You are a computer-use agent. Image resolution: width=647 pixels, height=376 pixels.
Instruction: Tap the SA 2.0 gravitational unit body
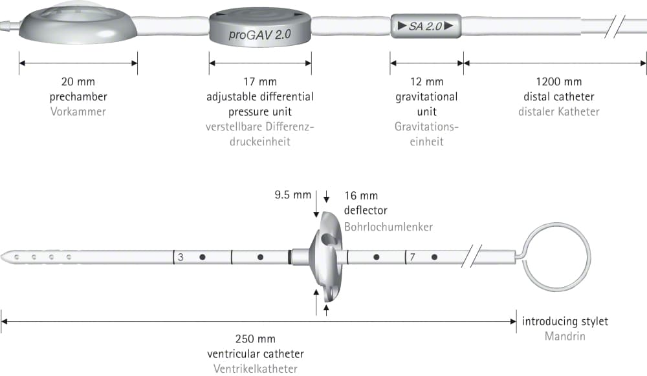tap(426, 26)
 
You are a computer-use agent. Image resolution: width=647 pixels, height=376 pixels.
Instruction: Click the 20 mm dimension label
tap(78, 81)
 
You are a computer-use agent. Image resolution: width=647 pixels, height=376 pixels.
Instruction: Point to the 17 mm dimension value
tap(260, 81)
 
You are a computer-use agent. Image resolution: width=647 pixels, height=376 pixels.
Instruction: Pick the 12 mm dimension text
tap(426, 81)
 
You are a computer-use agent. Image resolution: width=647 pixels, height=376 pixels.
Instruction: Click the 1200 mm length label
tap(559, 81)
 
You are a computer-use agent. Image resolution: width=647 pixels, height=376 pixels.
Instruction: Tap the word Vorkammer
tap(78, 112)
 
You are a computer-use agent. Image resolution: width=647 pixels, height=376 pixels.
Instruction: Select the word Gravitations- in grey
tap(426, 127)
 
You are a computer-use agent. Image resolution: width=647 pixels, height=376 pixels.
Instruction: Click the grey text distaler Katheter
tap(559, 112)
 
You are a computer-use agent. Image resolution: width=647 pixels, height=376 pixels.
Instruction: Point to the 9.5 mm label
tap(292, 195)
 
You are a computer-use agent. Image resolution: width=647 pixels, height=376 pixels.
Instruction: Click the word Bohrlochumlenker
tap(388, 227)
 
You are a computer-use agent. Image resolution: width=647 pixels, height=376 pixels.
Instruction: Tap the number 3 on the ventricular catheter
tap(181, 257)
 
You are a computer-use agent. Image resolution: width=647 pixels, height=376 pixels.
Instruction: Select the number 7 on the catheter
tap(411, 257)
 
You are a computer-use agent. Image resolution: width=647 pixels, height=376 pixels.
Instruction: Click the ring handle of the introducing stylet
tap(523, 257)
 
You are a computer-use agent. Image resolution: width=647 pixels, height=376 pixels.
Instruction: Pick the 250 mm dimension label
tap(255, 339)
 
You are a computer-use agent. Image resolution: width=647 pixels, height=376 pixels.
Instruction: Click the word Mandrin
tap(565, 336)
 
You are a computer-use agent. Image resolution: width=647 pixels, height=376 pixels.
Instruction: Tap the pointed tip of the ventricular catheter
tap(2, 257)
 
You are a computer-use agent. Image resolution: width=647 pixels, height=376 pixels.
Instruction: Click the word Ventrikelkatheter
tap(255, 369)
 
